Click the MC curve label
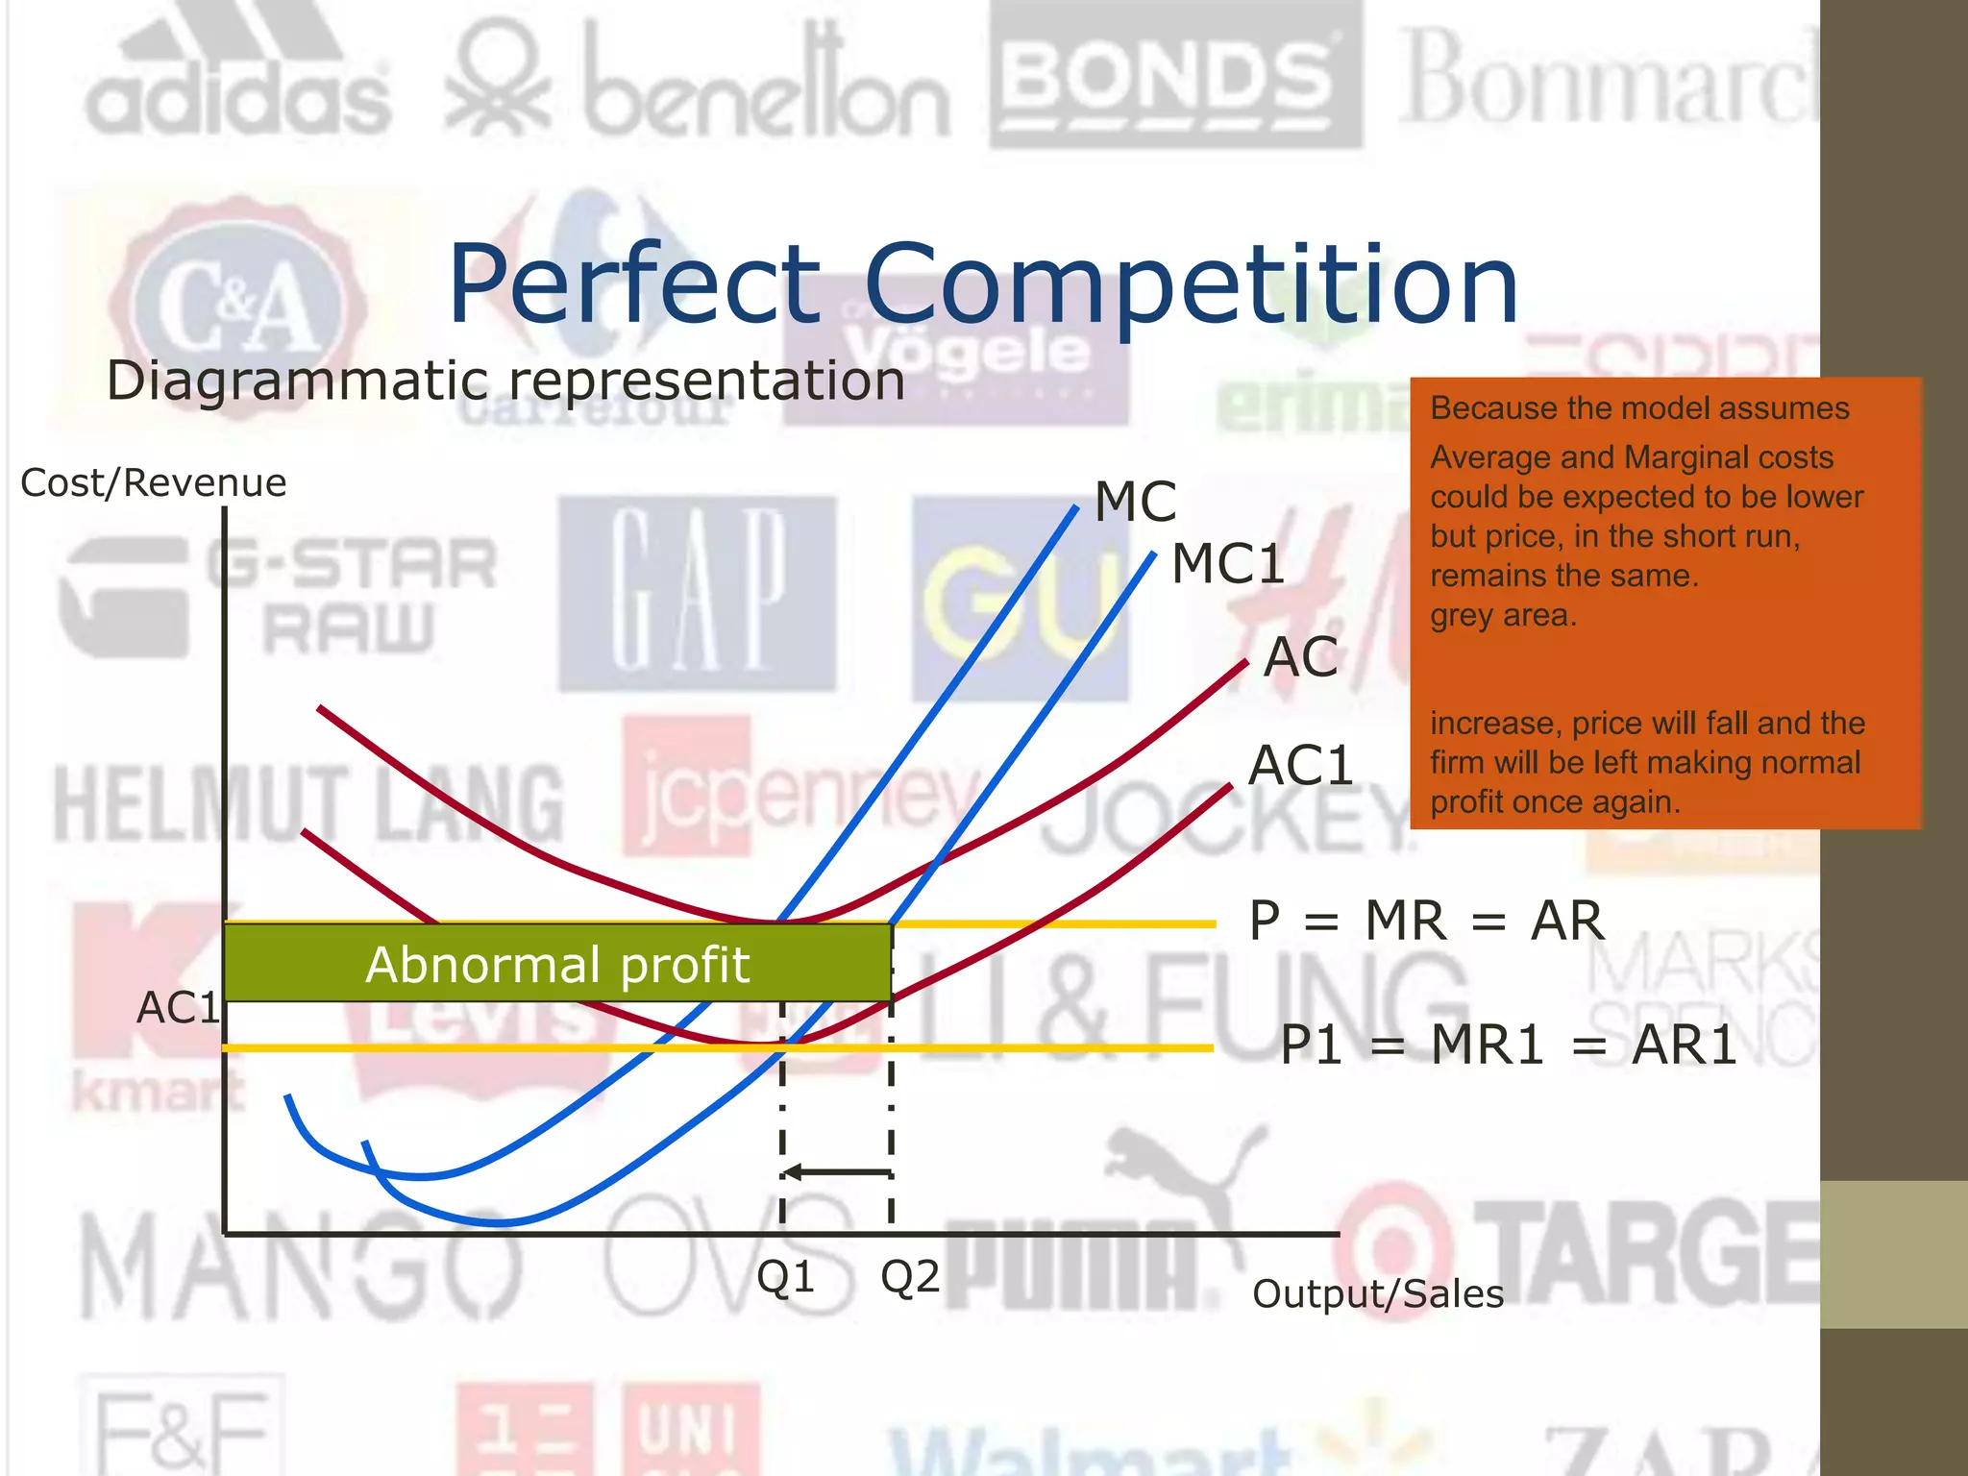[x=1135, y=502]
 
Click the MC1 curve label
[x=1227, y=563]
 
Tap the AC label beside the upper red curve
[x=1300, y=657]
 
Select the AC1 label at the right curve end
[x=1300, y=766]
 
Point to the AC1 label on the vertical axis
[x=179, y=1008]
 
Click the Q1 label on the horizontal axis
[x=785, y=1277]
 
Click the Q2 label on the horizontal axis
[x=910, y=1277]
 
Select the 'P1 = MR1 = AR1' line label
[x=1509, y=1045]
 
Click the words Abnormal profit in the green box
[x=557, y=964]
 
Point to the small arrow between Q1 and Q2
[x=836, y=1172]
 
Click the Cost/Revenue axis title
[x=154, y=482]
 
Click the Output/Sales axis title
[x=1377, y=1294]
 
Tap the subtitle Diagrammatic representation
[x=505, y=381]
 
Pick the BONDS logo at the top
[x=1174, y=77]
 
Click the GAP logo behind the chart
[x=699, y=591]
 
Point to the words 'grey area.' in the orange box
[x=1503, y=615]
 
